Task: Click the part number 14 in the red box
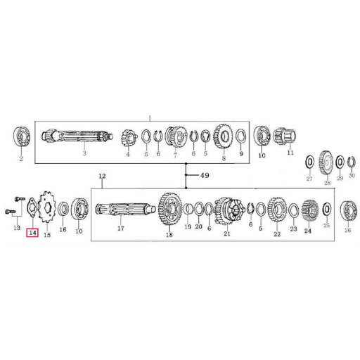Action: click(x=32, y=233)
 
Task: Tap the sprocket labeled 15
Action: click(x=47, y=207)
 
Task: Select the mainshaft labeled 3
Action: click(x=77, y=136)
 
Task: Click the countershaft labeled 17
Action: click(x=125, y=209)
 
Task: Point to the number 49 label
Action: click(x=205, y=175)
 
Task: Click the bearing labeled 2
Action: click(x=22, y=136)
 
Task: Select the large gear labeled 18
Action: click(x=170, y=209)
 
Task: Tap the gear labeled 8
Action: click(x=223, y=136)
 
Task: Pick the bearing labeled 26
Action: click(x=349, y=210)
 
